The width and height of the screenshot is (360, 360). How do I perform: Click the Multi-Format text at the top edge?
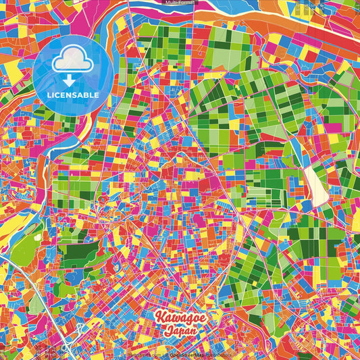pyautogui.click(x=180, y=3)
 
